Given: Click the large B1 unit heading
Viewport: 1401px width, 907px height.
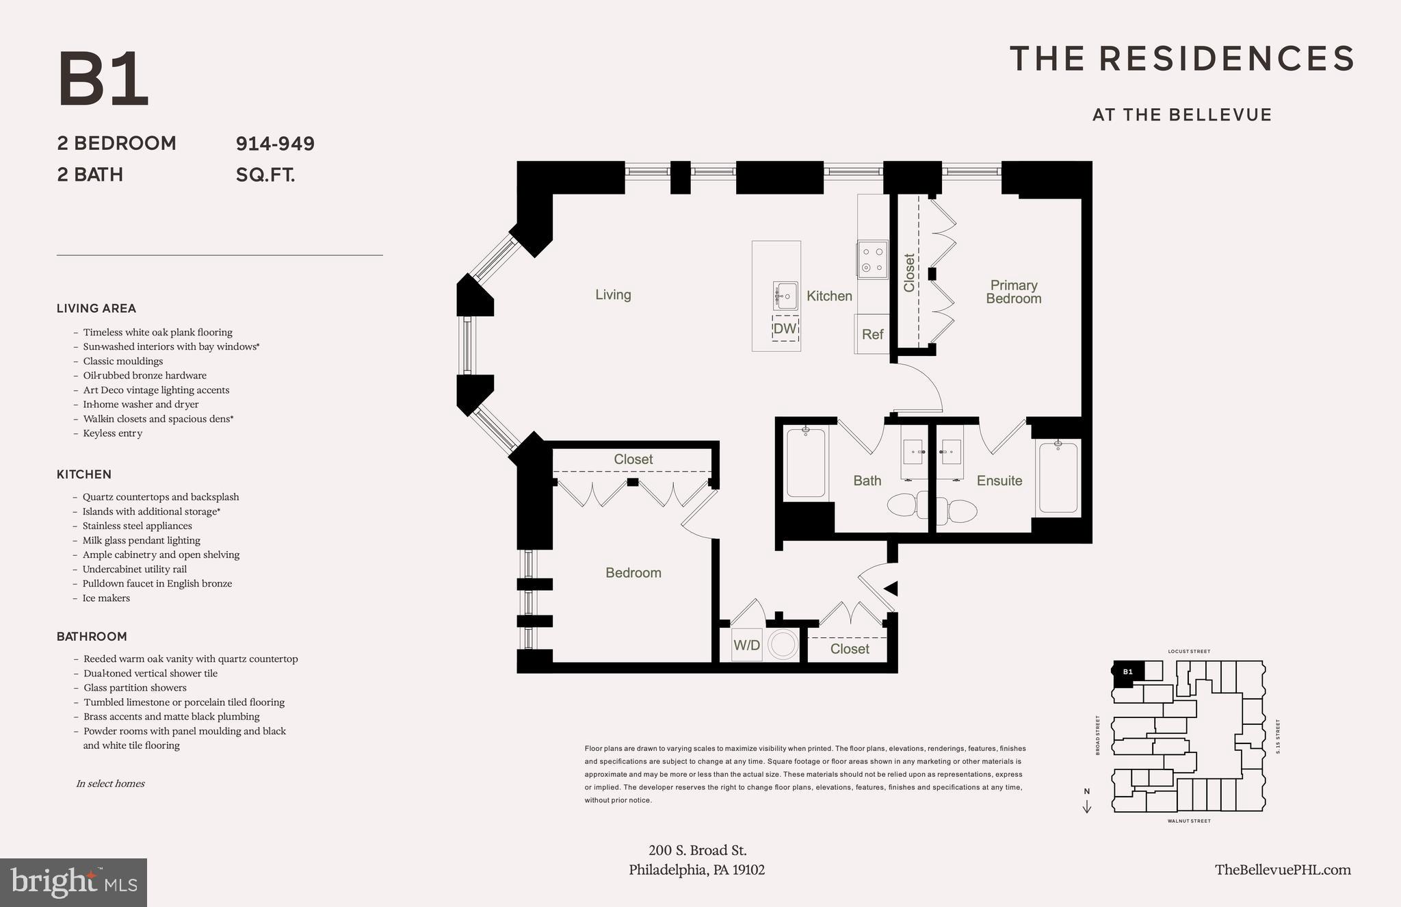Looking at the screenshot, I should [x=103, y=80].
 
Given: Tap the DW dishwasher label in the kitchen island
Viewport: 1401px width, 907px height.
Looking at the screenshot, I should [x=785, y=329].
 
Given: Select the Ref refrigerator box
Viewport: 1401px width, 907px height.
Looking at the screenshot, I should [x=872, y=334].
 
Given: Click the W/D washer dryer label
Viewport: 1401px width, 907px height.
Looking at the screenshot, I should [x=746, y=646].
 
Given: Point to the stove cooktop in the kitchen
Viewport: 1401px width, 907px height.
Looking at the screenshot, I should [x=872, y=260].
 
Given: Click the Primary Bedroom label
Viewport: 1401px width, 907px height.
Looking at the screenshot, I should [x=1013, y=292].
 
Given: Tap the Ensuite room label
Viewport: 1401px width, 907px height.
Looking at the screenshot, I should [x=999, y=481].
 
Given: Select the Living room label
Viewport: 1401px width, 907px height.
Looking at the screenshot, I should [x=613, y=294].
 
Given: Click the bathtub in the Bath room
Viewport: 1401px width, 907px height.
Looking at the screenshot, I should [x=805, y=462].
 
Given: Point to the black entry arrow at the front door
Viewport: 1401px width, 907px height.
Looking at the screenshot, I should [x=891, y=588].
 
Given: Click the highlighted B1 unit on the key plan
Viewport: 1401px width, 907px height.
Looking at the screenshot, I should [x=1127, y=672].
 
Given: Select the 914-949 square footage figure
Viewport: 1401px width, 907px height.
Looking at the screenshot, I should [x=275, y=144].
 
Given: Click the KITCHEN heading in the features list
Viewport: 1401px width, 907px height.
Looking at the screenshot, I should [x=84, y=474].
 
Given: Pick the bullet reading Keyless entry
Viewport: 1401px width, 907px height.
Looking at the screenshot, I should [x=112, y=433].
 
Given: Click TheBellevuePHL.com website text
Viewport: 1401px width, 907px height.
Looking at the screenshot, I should [x=1283, y=869].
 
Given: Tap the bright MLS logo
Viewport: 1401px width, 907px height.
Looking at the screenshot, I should [x=73, y=882].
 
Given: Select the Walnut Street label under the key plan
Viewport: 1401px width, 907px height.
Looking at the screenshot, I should [x=1189, y=821].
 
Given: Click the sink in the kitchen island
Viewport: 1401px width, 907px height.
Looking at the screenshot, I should [x=785, y=296].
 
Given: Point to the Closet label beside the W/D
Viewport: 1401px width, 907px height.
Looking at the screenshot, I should [x=849, y=649].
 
